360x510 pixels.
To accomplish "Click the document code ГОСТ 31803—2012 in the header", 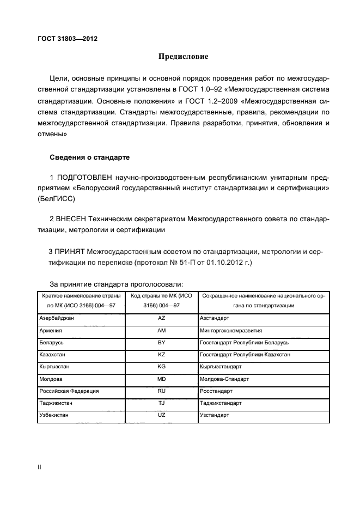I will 67,39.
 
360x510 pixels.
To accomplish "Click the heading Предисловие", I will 183,56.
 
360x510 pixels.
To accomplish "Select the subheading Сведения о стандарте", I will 89,157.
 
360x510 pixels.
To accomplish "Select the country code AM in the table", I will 161,330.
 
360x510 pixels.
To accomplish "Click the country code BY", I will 161,342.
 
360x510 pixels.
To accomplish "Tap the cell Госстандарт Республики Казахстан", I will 245,354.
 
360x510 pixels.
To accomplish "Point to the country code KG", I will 161,367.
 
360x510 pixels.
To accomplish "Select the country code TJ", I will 161,403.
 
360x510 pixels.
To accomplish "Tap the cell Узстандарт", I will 215,415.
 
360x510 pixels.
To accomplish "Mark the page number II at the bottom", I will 39,467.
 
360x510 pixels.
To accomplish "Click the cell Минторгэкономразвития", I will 231,330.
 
